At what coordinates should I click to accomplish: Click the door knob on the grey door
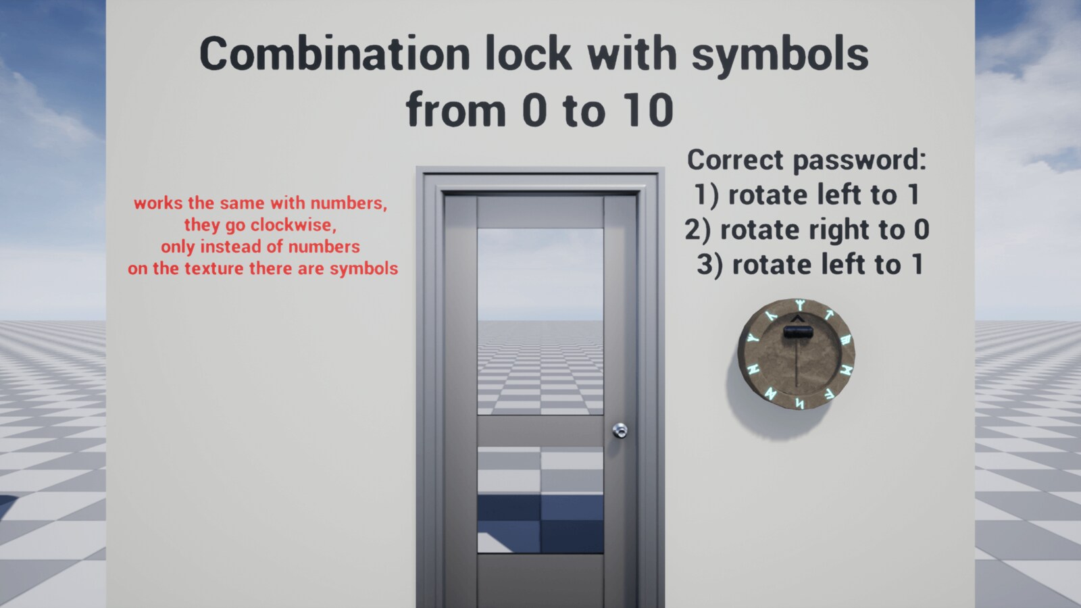(x=620, y=430)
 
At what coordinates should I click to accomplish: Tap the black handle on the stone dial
(x=797, y=332)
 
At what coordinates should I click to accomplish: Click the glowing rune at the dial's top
(x=800, y=305)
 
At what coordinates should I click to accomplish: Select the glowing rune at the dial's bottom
(x=799, y=404)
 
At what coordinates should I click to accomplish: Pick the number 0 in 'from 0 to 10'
(x=534, y=111)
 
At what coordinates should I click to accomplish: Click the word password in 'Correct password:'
(x=858, y=161)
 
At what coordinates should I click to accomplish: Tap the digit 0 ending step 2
(x=922, y=230)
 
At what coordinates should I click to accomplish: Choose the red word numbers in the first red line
(x=348, y=203)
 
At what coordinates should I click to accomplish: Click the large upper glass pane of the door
(x=540, y=321)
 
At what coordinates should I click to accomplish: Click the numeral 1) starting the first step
(x=707, y=195)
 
